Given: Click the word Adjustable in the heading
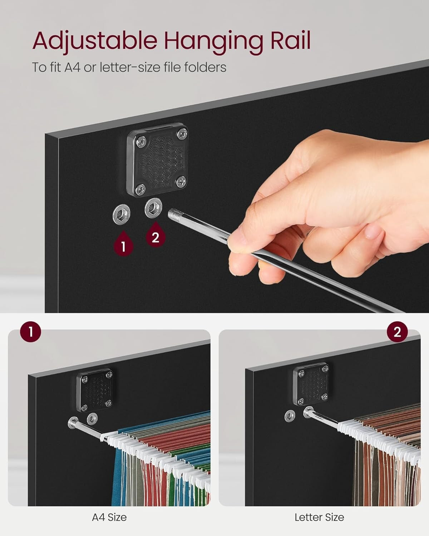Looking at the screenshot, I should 94,41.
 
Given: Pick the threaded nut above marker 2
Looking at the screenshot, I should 153,208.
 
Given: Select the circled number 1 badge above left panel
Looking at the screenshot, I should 31,332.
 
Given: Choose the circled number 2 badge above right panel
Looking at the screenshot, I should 397,332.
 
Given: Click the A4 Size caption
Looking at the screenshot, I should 109,517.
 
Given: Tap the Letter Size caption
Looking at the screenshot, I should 319,517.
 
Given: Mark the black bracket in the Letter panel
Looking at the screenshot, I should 311,384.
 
